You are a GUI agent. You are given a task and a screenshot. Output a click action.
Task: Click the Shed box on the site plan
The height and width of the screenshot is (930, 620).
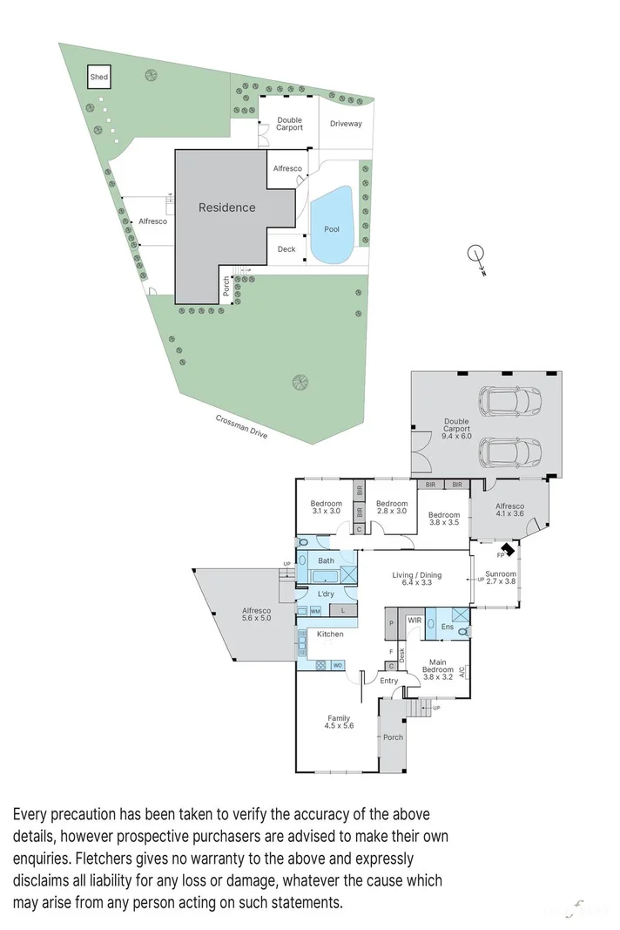tap(99, 78)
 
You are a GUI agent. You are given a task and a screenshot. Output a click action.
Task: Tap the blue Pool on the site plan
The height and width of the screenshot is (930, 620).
tap(331, 227)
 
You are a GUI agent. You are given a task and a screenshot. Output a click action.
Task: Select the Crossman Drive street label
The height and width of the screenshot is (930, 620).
tap(242, 426)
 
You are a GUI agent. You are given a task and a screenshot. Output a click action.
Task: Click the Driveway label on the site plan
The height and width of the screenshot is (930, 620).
tap(346, 124)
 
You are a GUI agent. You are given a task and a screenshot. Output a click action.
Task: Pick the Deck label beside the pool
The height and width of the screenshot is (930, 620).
tap(286, 249)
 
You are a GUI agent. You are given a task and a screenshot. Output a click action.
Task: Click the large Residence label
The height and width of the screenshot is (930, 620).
tap(227, 207)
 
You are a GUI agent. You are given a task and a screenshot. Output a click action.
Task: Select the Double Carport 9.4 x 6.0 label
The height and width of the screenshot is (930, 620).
tap(456, 433)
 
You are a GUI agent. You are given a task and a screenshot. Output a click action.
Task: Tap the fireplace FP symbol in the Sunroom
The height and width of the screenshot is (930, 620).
tap(502, 553)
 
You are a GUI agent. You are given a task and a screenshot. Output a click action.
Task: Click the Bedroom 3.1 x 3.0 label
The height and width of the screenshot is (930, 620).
tap(327, 507)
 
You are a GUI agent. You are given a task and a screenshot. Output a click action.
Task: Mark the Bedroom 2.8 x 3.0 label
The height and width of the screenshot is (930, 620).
tap(392, 507)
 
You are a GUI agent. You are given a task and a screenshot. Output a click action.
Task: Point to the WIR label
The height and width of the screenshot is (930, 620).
tap(415, 620)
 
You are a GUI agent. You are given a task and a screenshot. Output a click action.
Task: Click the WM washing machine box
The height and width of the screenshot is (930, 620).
tap(315, 611)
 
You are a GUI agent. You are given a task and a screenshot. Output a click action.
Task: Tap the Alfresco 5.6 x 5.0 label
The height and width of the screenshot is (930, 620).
tap(256, 615)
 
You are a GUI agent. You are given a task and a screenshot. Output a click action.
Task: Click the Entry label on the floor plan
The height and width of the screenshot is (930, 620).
tap(388, 681)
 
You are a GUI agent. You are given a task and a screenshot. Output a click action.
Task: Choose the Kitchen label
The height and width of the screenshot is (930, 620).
tap(329, 634)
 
